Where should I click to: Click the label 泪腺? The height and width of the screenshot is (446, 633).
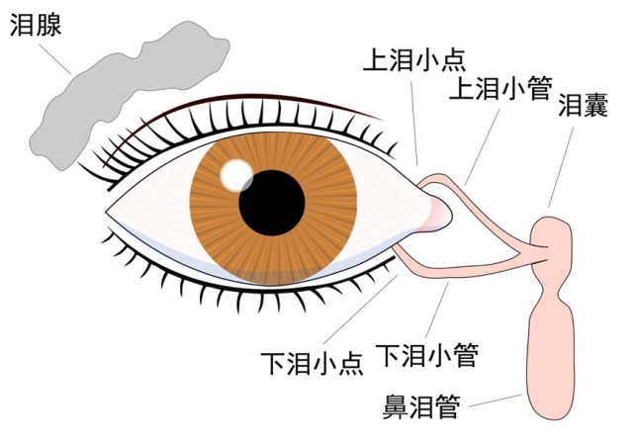[36, 25]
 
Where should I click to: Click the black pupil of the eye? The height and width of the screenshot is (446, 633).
[272, 203]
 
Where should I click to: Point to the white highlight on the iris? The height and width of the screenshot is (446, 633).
[236, 175]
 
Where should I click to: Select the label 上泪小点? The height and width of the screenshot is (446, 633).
[414, 60]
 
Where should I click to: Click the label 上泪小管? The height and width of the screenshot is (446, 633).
[500, 88]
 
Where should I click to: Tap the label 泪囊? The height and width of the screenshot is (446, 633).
[583, 105]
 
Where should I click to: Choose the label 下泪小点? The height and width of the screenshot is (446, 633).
[312, 363]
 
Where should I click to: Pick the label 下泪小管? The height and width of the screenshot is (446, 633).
[427, 355]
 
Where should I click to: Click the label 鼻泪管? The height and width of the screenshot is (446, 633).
[421, 406]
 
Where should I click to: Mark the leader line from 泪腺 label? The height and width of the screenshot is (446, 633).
[55, 59]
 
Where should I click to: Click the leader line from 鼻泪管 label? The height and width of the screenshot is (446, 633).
[496, 401]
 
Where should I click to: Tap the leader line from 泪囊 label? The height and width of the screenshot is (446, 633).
[561, 167]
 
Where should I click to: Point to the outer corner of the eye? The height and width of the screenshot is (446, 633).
[106, 211]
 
